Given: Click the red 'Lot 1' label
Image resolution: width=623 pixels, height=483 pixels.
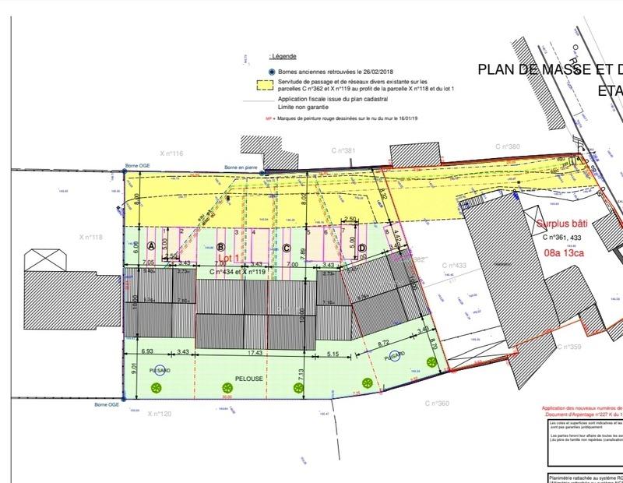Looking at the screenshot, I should [227, 256].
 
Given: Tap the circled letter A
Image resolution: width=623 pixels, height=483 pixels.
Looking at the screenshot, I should [152, 245].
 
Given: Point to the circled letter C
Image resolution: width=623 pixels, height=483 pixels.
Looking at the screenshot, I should [287, 249].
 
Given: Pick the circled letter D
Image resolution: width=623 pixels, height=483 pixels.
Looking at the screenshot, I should [362, 249].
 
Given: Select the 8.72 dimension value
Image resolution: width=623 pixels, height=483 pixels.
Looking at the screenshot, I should [384, 343].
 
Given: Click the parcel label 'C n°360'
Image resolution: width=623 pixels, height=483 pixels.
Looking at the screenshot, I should [438, 403].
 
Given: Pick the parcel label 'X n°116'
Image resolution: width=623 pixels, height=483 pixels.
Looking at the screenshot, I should [171, 154].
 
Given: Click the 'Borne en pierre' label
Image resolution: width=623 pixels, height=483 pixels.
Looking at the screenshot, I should [241, 167].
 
